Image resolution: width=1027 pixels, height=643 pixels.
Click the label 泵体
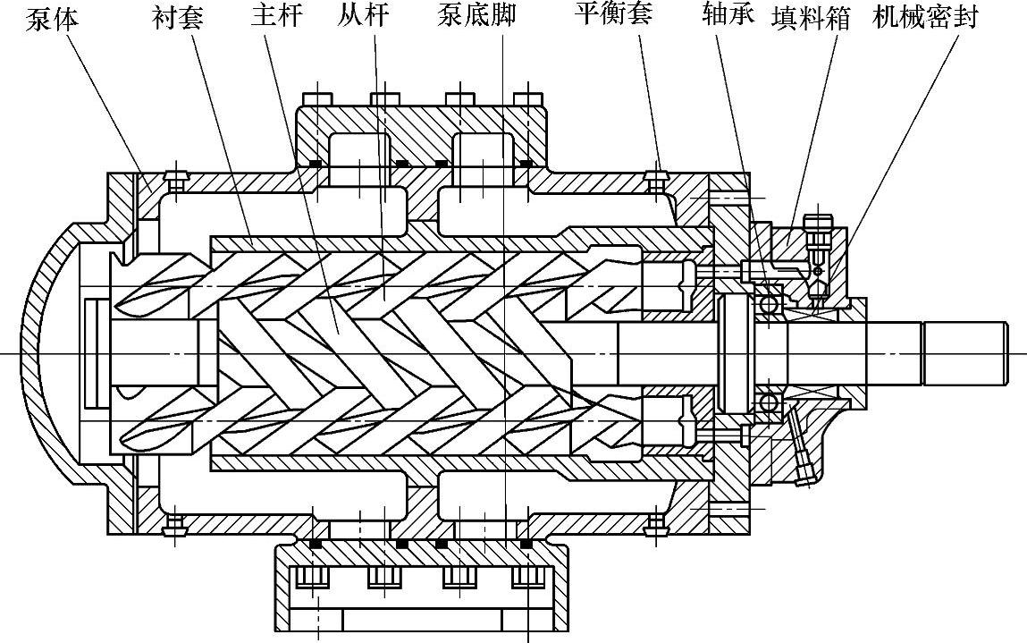point(52,18)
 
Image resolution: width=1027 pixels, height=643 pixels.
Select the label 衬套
point(179,18)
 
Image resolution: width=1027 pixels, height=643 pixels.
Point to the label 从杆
point(364,16)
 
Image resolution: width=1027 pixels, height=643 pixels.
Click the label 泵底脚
point(476,16)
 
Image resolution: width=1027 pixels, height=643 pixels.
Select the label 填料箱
point(811,18)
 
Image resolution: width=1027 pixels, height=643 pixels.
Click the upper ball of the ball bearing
point(767,305)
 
